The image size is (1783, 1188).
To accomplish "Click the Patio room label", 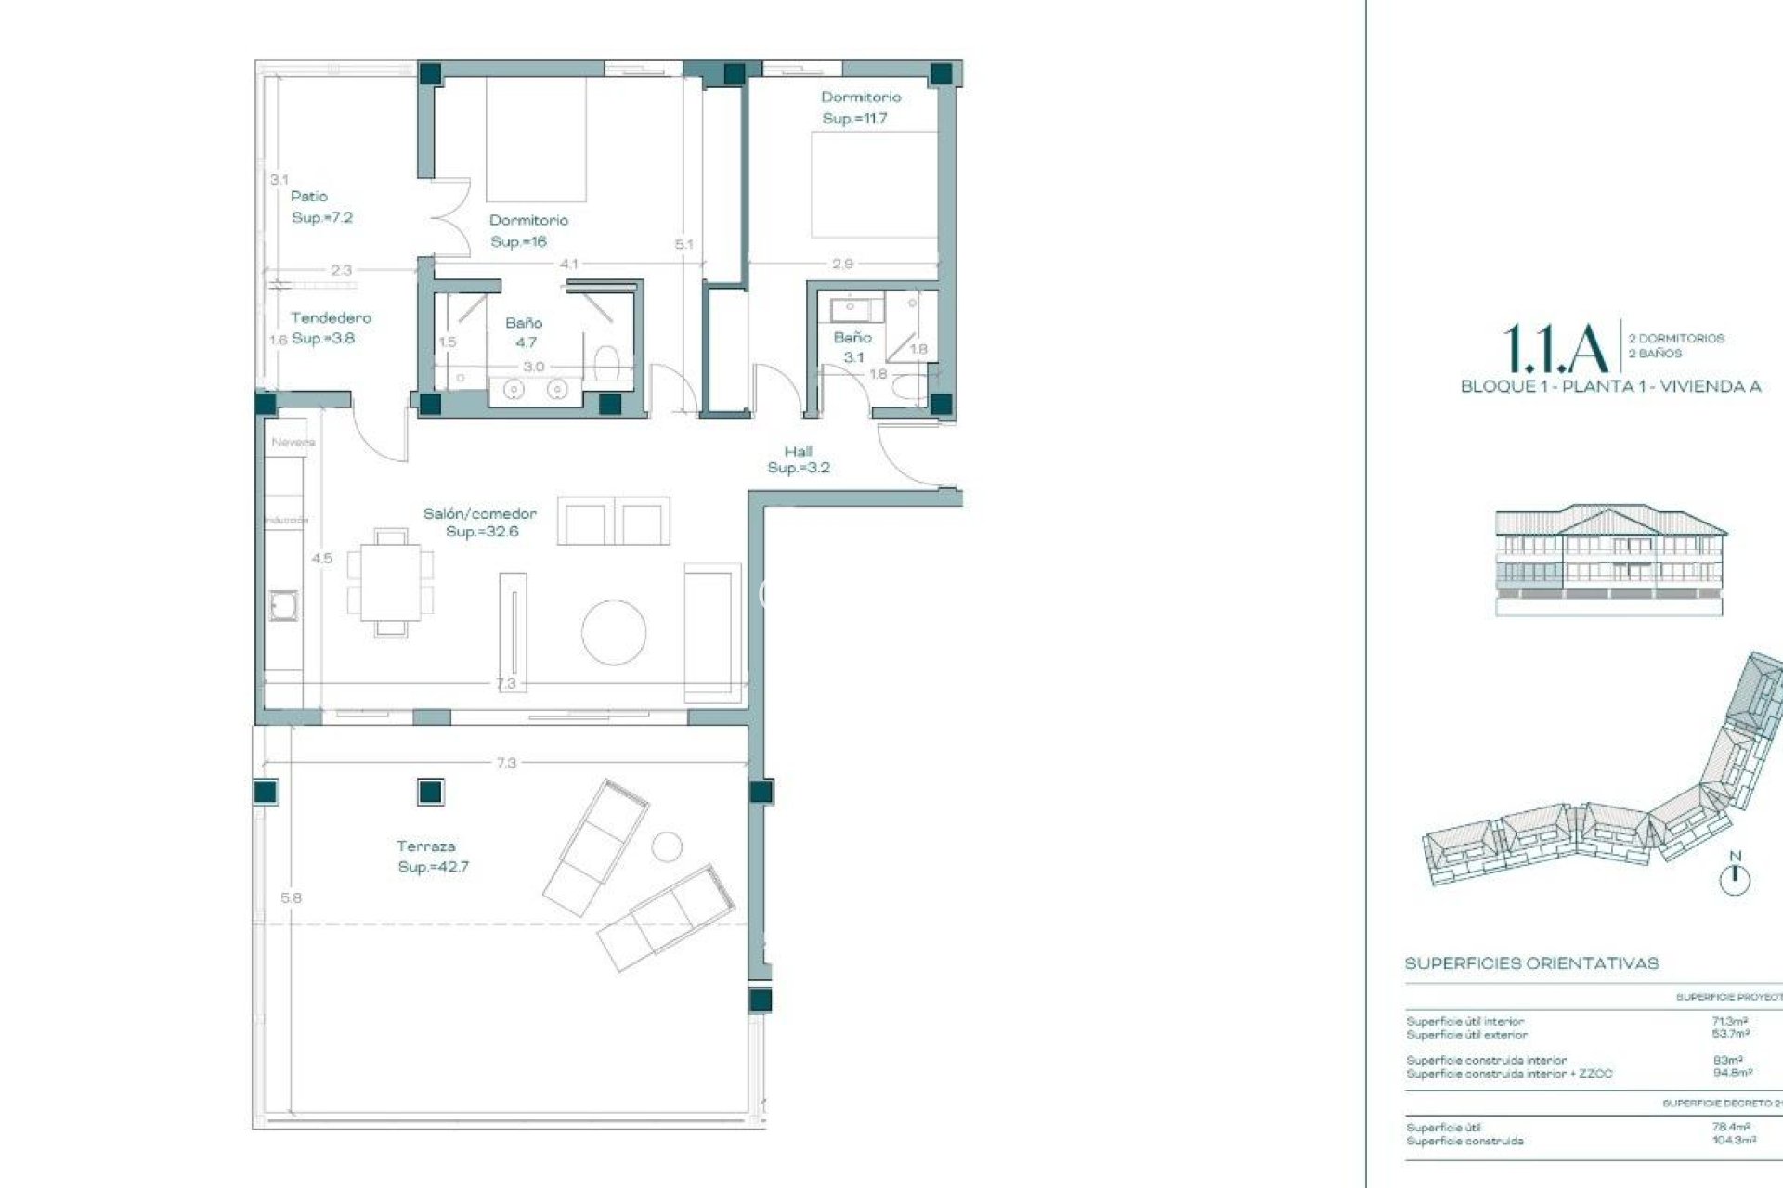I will tap(309, 197).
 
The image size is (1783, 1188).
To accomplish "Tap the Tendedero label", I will tap(331, 317).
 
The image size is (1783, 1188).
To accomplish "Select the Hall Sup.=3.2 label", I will tap(799, 459).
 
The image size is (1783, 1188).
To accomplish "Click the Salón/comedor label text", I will tap(480, 513).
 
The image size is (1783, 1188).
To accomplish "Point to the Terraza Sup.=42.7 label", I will tap(433, 857).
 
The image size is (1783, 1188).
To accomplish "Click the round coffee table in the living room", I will tap(614, 632).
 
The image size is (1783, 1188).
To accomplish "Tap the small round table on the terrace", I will tap(667, 846).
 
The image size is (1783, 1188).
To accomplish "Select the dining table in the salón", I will tap(391, 583).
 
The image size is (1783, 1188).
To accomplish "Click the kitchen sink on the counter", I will tap(283, 606).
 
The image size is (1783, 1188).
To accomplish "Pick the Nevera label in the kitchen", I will tap(293, 443).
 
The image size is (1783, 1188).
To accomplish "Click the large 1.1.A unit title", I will tap(1555, 349).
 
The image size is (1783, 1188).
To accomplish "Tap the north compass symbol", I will tap(1735, 878).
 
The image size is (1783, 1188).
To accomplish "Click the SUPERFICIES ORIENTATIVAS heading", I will tap(1531, 963).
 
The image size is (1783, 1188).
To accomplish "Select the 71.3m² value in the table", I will tap(1730, 1021).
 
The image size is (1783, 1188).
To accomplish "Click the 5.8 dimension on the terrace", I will tap(291, 898).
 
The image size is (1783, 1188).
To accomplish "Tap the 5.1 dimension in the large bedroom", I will tap(683, 244).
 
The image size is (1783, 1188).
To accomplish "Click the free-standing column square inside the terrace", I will tap(429, 792).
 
